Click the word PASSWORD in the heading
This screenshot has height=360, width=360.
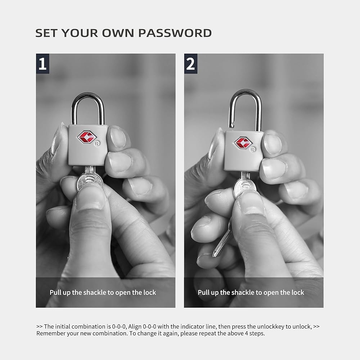(x=175, y=33)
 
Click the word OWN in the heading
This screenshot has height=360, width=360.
(x=118, y=33)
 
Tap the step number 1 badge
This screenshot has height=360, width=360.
(x=42, y=64)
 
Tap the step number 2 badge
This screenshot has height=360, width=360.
(x=190, y=64)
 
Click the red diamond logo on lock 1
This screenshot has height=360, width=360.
(x=86, y=137)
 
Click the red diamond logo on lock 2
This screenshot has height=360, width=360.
(x=243, y=143)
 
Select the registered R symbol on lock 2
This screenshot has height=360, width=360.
(x=253, y=149)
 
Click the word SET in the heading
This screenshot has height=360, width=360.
(x=46, y=33)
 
